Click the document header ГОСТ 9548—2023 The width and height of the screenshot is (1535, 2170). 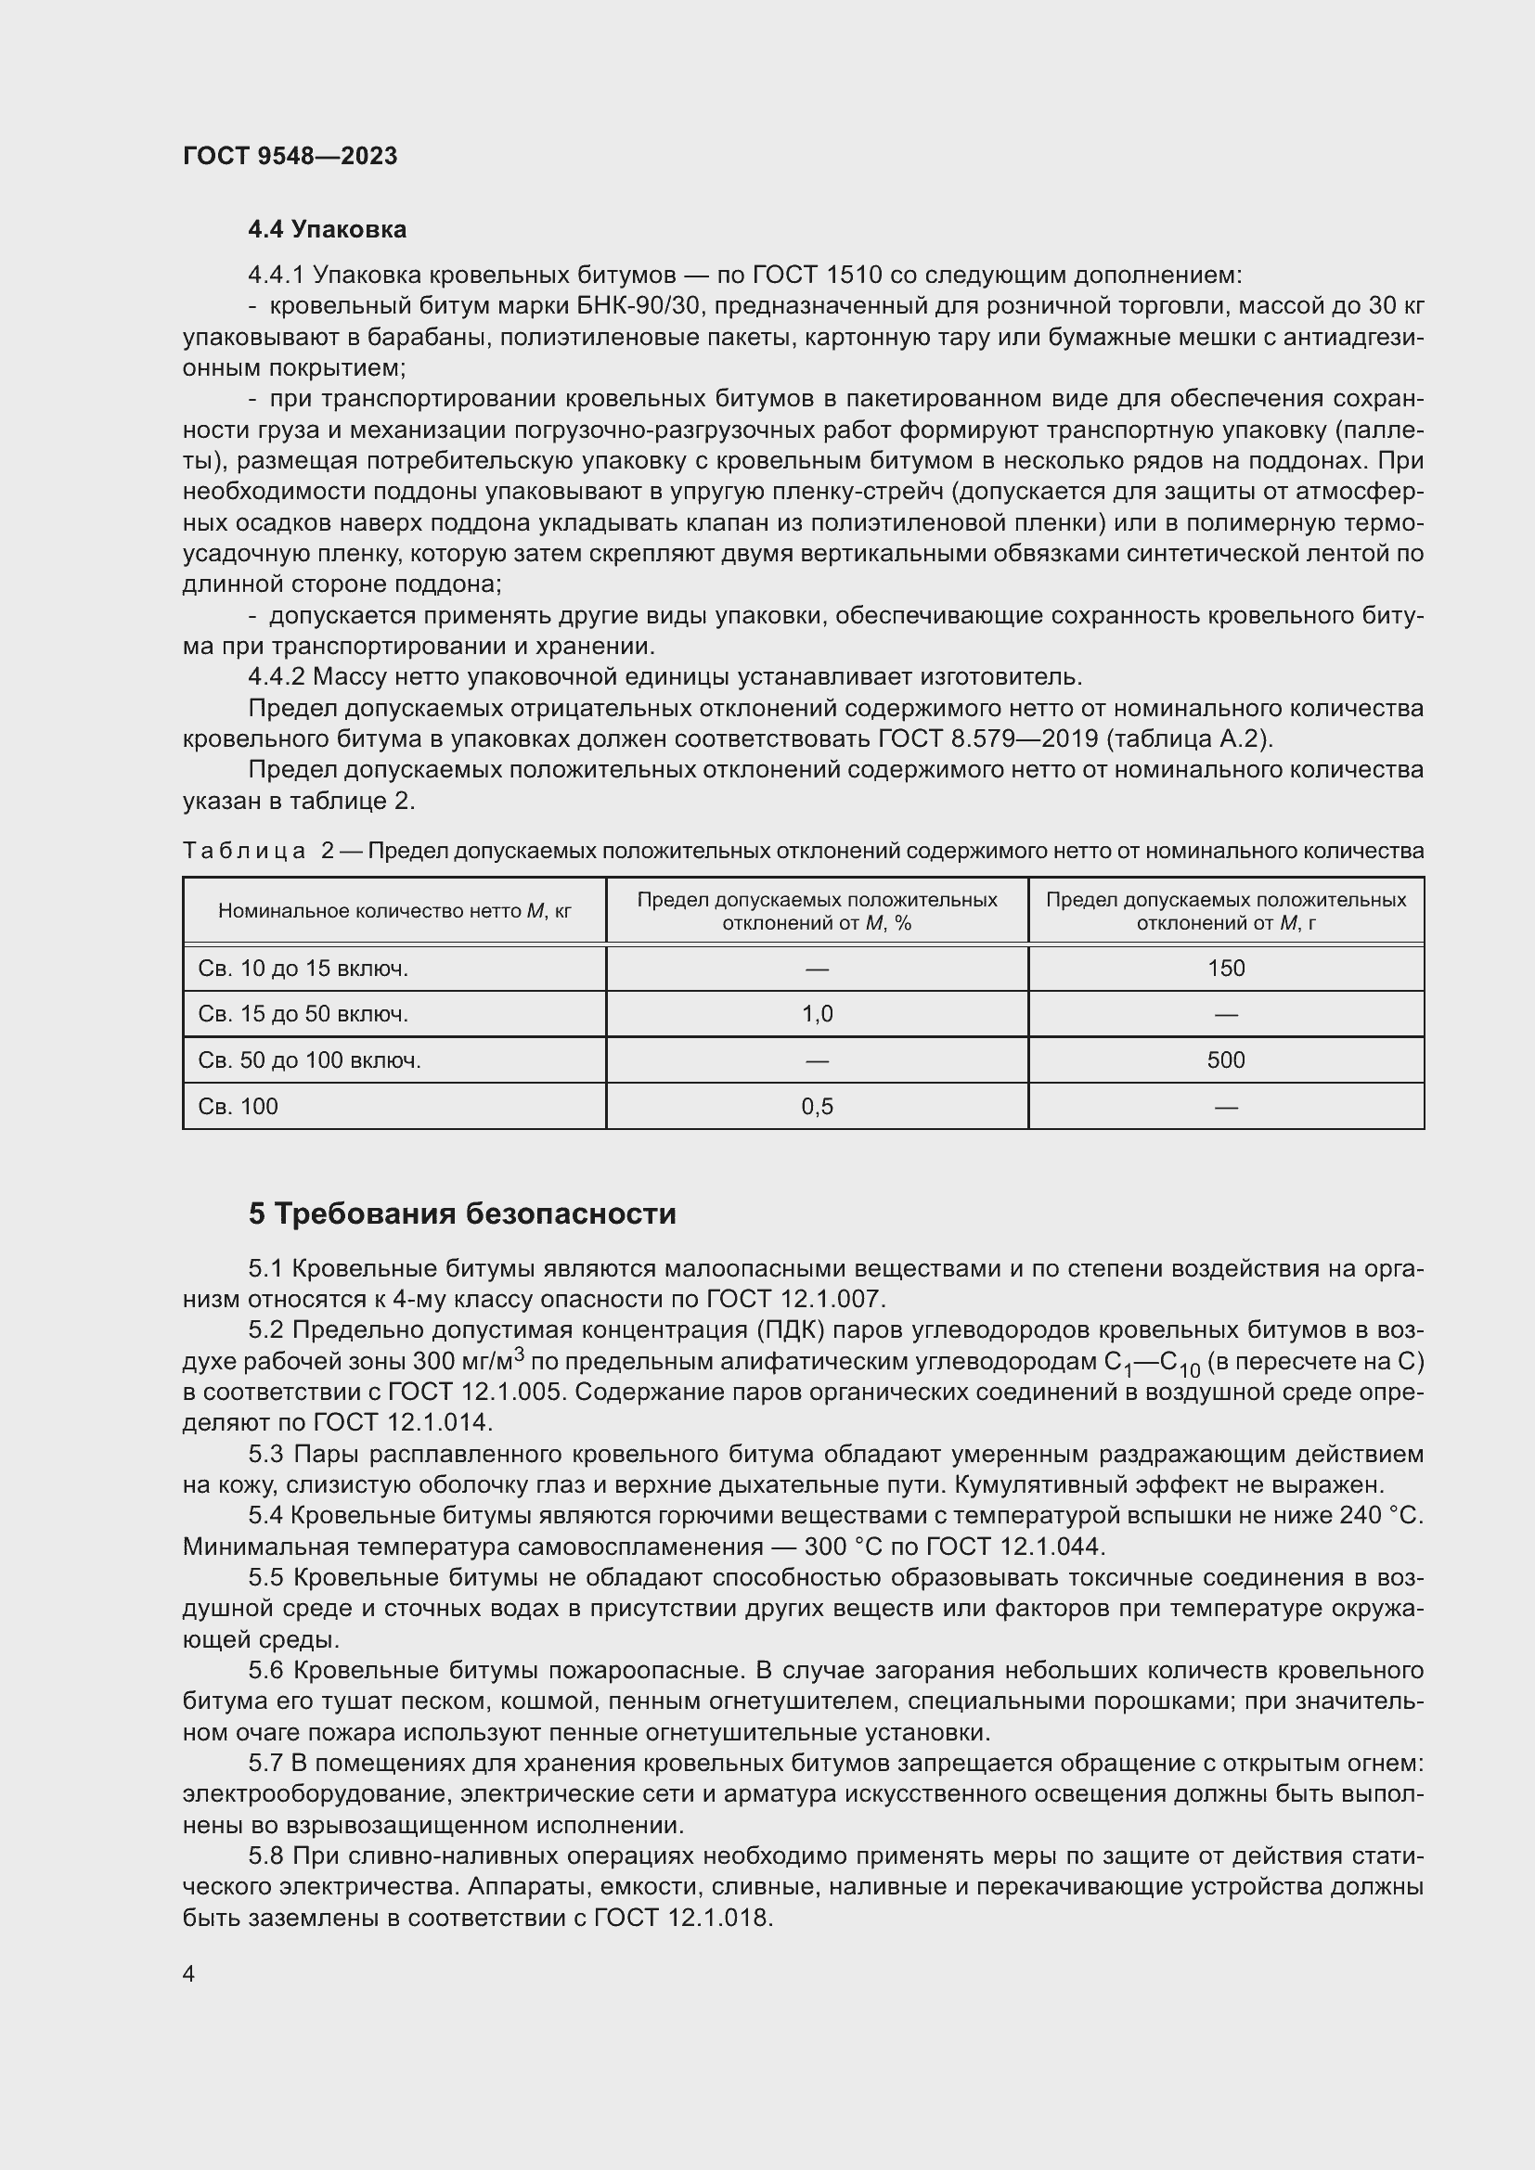tap(290, 156)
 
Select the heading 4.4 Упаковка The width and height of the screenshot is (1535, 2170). tap(327, 230)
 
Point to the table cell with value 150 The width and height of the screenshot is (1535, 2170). tap(1225, 969)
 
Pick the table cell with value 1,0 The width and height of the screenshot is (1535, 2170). tap(817, 1014)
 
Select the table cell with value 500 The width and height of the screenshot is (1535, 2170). tap(1225, 1060)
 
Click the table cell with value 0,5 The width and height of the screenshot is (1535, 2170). tap(817, 1107)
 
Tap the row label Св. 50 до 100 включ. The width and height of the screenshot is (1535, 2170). tap(309, 1060)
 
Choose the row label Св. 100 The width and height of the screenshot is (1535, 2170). tap(239, 1107)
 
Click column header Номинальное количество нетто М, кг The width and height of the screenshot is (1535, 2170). tap(394, 911)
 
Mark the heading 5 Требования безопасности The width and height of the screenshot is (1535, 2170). tap(462, 1213)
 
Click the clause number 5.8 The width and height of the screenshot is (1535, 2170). tap(266, 1857)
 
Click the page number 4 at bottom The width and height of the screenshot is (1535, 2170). tap(189, 1973)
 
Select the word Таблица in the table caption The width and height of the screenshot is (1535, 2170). tap(244, 852)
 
